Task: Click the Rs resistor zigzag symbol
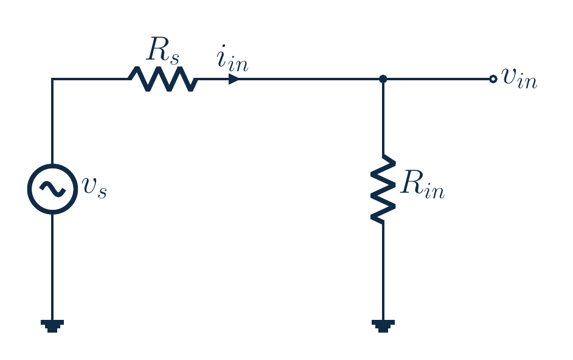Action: pos(163,79)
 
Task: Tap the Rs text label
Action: pos(163,50)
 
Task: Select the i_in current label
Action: pos(232,58)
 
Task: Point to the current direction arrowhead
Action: pos(234,79)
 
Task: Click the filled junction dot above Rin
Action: pos(383,79)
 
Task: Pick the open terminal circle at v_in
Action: pos(493,79)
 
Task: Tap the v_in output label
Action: pos(519,78)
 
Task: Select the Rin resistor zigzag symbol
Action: pos(383,189)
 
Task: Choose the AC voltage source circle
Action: pos(53,164)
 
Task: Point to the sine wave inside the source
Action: pos(53,189)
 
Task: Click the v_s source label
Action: pos(94,187)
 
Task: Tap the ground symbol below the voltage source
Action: pos(52,326)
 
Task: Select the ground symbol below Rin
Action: pos(383,326)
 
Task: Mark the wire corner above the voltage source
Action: pos(52,79)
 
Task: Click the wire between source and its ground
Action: pos(52,267)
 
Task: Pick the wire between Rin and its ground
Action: pos(383,272)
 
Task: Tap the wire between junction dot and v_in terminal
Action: pos(438,79)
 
